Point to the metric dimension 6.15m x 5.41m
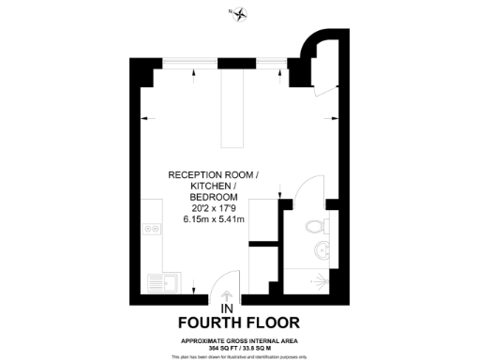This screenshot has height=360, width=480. point(213,220)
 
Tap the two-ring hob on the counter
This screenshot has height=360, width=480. point(150,230)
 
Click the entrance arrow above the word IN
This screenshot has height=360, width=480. point(225,295)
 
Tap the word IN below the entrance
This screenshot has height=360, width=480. point(226,308)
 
